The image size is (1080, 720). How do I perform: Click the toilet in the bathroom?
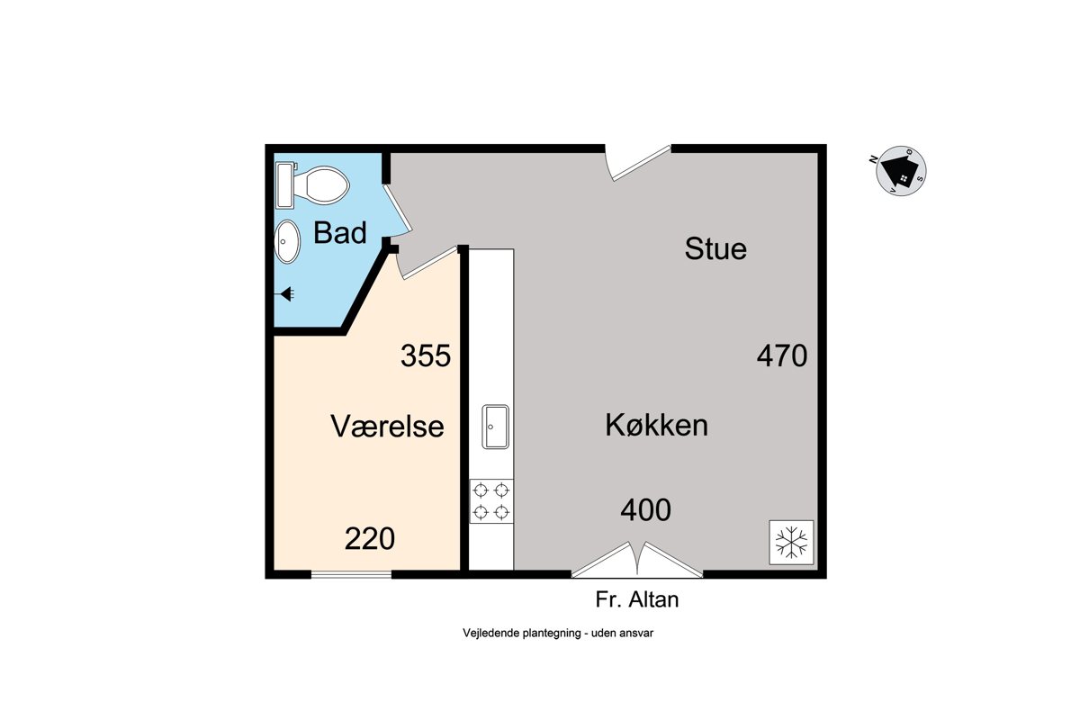pyautogui.click(x=312, y=185)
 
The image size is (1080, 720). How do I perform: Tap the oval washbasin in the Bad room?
pyautogui.click(x=287, y=241)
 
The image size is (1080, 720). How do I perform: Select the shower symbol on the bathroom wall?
pyautogui.click(x=285, y=293)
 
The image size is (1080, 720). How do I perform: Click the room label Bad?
pyautogui.click(x=340, y=232)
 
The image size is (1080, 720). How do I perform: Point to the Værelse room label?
pyautogui.click(x=387, y=426)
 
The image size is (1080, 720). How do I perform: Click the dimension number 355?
pyautogui.click(x=426, y=355)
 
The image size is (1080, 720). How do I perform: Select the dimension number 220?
pyautogui.click(x=370, y=539)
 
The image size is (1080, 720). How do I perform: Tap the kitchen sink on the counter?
pyautogui.click(x=495, y=427)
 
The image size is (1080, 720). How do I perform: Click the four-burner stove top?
pyautogui.click(x=491, y=501)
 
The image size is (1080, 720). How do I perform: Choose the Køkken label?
pyautogui.click(x=657, y=425)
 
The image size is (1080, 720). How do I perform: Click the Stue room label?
pyautogui.click(x=715, y=248)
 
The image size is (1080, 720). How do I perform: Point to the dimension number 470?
pyautogui.click(x=781, y=355)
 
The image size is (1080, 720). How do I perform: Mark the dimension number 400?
pyautogui.click(x=645, y=510)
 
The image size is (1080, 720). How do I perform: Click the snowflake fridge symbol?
pyautogui.click(x=791, y=542)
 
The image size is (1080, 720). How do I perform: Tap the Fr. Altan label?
pyautogui.click(x=637, y=599)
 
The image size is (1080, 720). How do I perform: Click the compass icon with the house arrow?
pyautogui.click(x=900, y=171)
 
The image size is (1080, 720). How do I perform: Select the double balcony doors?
pyautogui.click(x=637, y=561)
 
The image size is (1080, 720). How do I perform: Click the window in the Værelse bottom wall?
pyautogui.click(x=351, y=574)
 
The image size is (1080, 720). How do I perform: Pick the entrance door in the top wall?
pyautogui.click(x=638, y=163)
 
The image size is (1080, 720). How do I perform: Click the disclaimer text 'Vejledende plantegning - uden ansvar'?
pyautogui.click(x=558, y=634)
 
